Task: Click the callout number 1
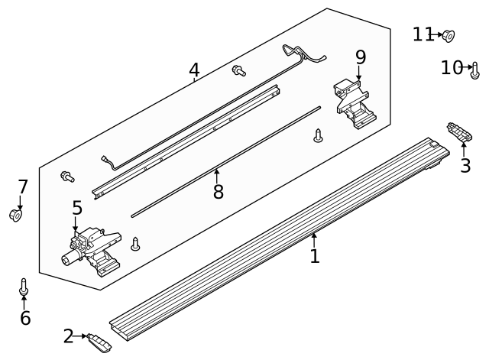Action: click(315, 256)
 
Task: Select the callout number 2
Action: click(68, 336)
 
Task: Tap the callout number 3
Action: click(465, 166)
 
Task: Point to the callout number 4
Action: click(194, 70)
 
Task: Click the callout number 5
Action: click(77, 208)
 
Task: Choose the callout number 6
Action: click(25, 318)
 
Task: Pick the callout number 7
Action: click(23, 186)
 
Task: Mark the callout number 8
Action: click(219, 191)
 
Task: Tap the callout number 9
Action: click(361, 57)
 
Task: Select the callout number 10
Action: click(452, 67)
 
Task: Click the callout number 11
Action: click(423, 34)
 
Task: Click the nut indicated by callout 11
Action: click(449, 36)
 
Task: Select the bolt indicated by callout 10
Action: click(475, 71)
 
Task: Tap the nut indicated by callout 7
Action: click(15, 215)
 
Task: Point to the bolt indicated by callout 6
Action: click(24, 287)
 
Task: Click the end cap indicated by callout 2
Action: click(99, 343)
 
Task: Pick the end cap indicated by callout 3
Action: click(459, 131)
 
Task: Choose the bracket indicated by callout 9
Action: click(355, 104)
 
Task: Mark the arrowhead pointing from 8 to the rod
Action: click(216, 171)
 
